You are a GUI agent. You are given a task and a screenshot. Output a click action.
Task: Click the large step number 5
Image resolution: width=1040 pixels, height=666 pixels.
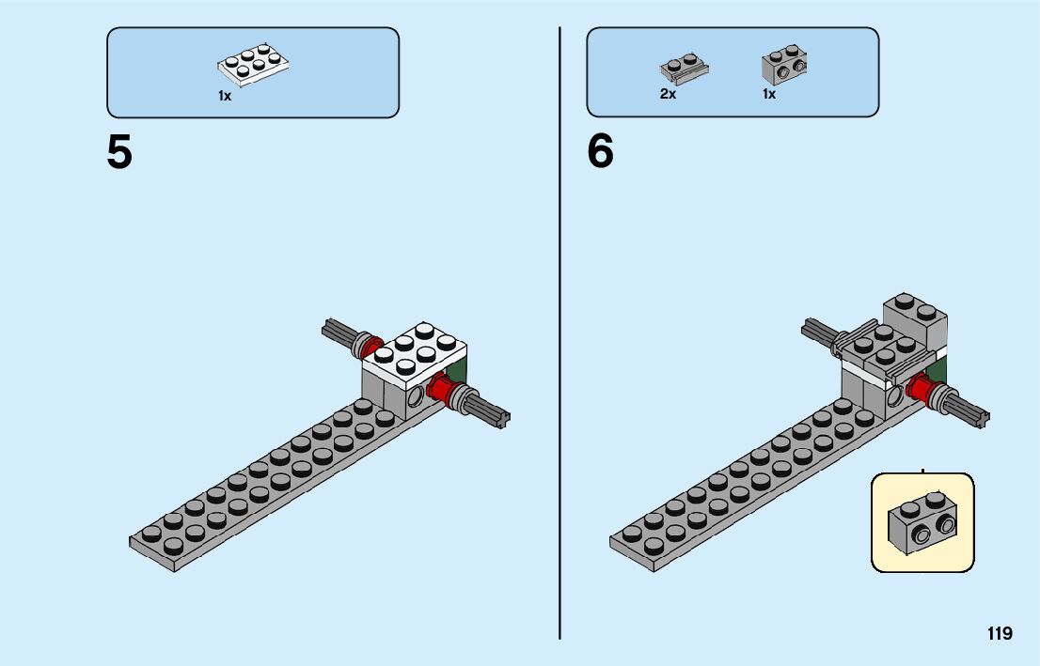point(119,152)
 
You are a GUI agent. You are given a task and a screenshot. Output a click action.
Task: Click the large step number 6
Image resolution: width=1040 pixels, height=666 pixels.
point(600,152)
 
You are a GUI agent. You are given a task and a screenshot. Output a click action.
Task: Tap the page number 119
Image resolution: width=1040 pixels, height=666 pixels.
point(1000,633)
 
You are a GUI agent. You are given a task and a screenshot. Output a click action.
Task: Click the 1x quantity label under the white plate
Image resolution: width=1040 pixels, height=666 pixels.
point(225,96)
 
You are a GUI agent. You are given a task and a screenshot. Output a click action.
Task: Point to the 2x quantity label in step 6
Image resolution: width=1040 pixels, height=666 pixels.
point(668,94)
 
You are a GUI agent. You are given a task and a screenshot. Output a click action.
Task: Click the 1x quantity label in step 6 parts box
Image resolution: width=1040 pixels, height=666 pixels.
point(769,94)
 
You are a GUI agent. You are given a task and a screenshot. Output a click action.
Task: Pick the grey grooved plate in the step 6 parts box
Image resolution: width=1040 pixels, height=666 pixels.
point(684,68)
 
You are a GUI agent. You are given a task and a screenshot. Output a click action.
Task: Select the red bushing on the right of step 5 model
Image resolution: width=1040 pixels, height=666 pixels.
point(440,387)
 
